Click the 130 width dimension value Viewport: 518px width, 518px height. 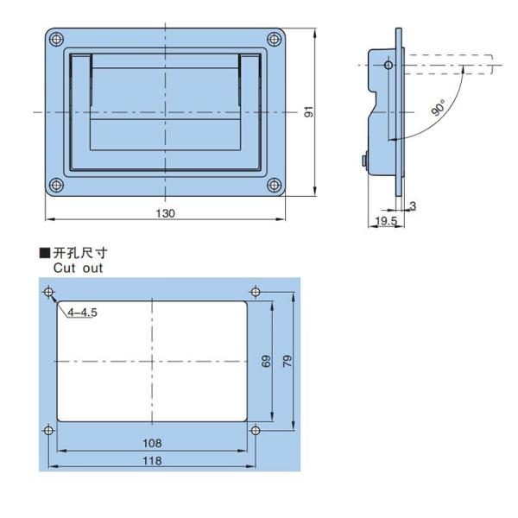click(167, 213)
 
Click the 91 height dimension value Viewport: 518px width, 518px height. click(308, 112)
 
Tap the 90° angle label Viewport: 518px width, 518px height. click(439, 109)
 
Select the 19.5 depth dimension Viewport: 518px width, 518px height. click(385, 222)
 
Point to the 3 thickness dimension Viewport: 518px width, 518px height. click(413, 205)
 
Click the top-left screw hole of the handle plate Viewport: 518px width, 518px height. click(56, 40)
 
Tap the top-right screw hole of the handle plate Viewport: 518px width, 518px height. click(275, 40)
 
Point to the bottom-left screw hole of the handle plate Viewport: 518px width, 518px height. click(56, 184)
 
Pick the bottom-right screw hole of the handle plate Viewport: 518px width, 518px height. click(275, 184)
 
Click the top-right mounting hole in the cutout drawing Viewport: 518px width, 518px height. click(254, 290)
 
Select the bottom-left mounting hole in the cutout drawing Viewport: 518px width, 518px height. click(47, 430)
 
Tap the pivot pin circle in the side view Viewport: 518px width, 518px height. click(388, 65)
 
